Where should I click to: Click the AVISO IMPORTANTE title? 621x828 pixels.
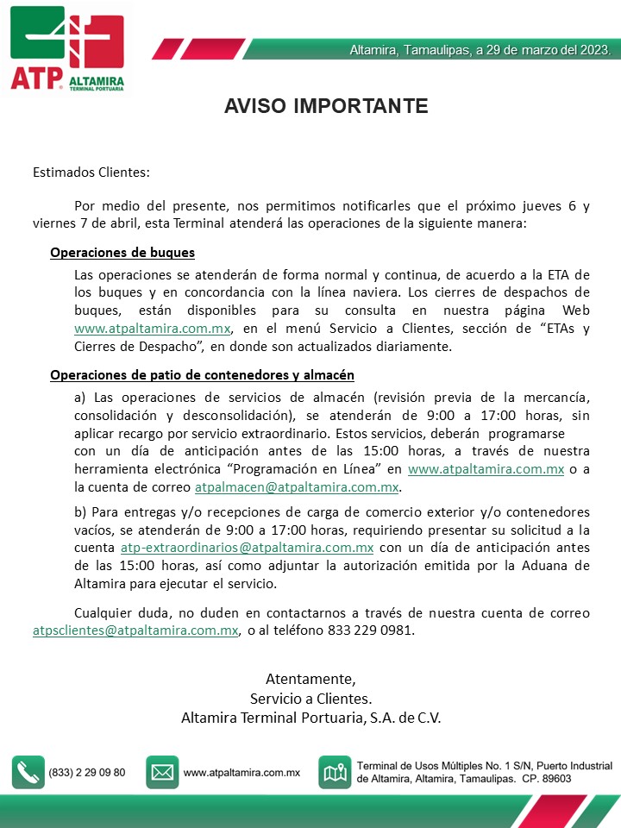tap(326, 106)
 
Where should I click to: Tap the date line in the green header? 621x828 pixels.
tap(480, 50)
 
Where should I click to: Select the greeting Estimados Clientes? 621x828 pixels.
tap(91, 172)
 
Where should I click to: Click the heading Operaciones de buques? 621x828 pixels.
tap(122, 253)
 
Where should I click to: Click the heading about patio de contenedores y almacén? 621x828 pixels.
tap(202, 375)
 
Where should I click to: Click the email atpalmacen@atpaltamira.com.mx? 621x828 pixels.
tap(297, 487)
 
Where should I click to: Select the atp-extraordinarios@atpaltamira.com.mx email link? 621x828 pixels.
tap(247, 548)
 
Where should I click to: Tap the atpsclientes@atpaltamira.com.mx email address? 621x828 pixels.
tap(135, 630)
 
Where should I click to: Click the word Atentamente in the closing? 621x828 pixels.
tap(310, 678)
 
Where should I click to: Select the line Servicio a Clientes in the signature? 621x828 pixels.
tap(310, 698)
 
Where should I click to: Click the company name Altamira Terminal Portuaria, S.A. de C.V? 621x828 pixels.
tap(310, 718)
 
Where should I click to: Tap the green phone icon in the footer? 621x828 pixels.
tap(28, 773)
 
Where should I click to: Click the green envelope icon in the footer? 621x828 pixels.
tap(162, 773)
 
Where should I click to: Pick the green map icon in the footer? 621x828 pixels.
tap(335, 773)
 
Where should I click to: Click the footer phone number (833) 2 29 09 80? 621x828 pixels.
tap(87, 773)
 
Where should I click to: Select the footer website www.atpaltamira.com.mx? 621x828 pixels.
tap(241, 773)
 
